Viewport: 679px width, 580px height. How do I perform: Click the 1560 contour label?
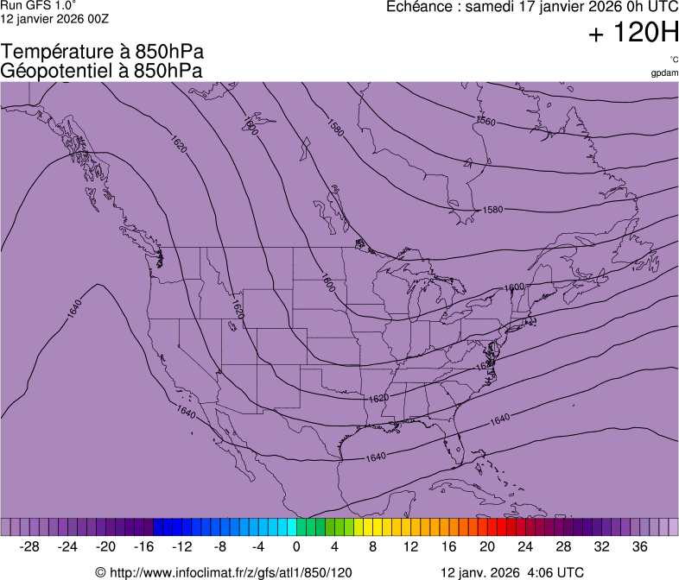click(x=486, y=122)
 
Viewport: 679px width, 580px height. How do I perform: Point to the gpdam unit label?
click(x=664, y=72)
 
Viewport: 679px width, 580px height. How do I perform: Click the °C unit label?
click(x=673, y=60)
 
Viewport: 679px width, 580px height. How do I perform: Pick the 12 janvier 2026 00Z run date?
click(x=54, y=18)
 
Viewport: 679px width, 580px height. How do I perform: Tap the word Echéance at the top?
click(x=423, y=7)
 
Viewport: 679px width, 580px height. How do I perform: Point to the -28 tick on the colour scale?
click(x=29, y=546)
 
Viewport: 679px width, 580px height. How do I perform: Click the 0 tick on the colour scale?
click(x=296, y=546)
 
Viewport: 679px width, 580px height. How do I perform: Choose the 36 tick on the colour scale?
click(x=639, y=546)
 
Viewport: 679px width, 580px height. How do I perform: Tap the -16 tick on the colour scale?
click(x=143, y=546)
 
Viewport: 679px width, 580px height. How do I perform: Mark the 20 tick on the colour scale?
click(x=487, y=546)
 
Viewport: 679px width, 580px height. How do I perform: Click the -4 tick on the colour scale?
click(x=257, y=546)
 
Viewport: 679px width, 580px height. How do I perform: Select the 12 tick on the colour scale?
click(x=411, y=546)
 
